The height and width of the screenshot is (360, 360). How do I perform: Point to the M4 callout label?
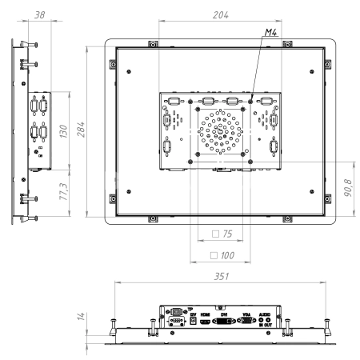coord(272,34)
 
